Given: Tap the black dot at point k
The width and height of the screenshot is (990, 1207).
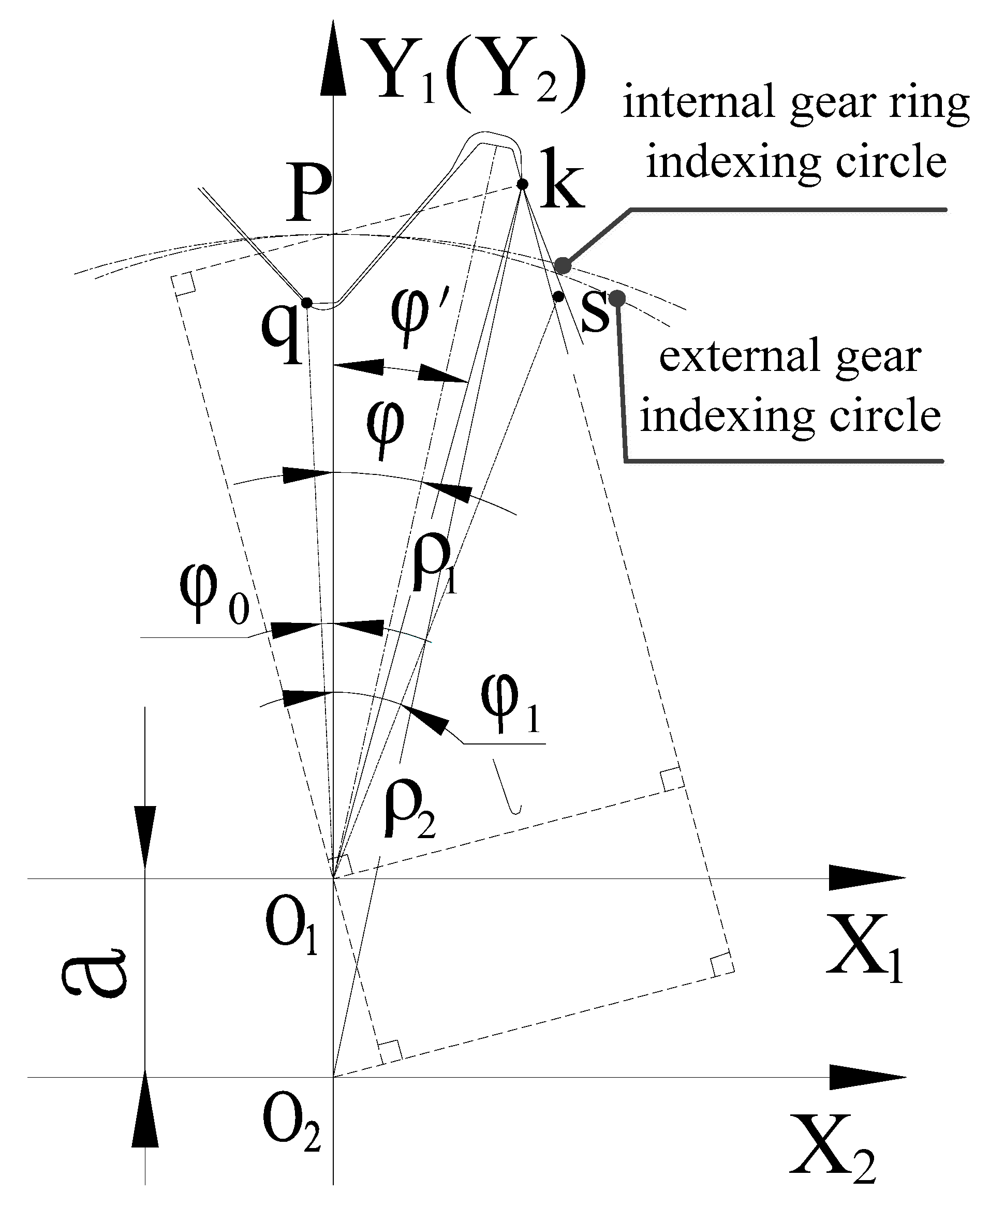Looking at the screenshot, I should coord(522,184).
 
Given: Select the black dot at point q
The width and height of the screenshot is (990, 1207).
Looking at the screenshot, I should coord(306,302).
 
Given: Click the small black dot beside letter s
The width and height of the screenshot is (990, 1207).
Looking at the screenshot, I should coord(558,296).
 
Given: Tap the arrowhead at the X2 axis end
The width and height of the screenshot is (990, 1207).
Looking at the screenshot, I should coord(867,1077).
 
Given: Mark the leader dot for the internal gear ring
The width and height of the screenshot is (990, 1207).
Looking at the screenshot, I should coord(563,265).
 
